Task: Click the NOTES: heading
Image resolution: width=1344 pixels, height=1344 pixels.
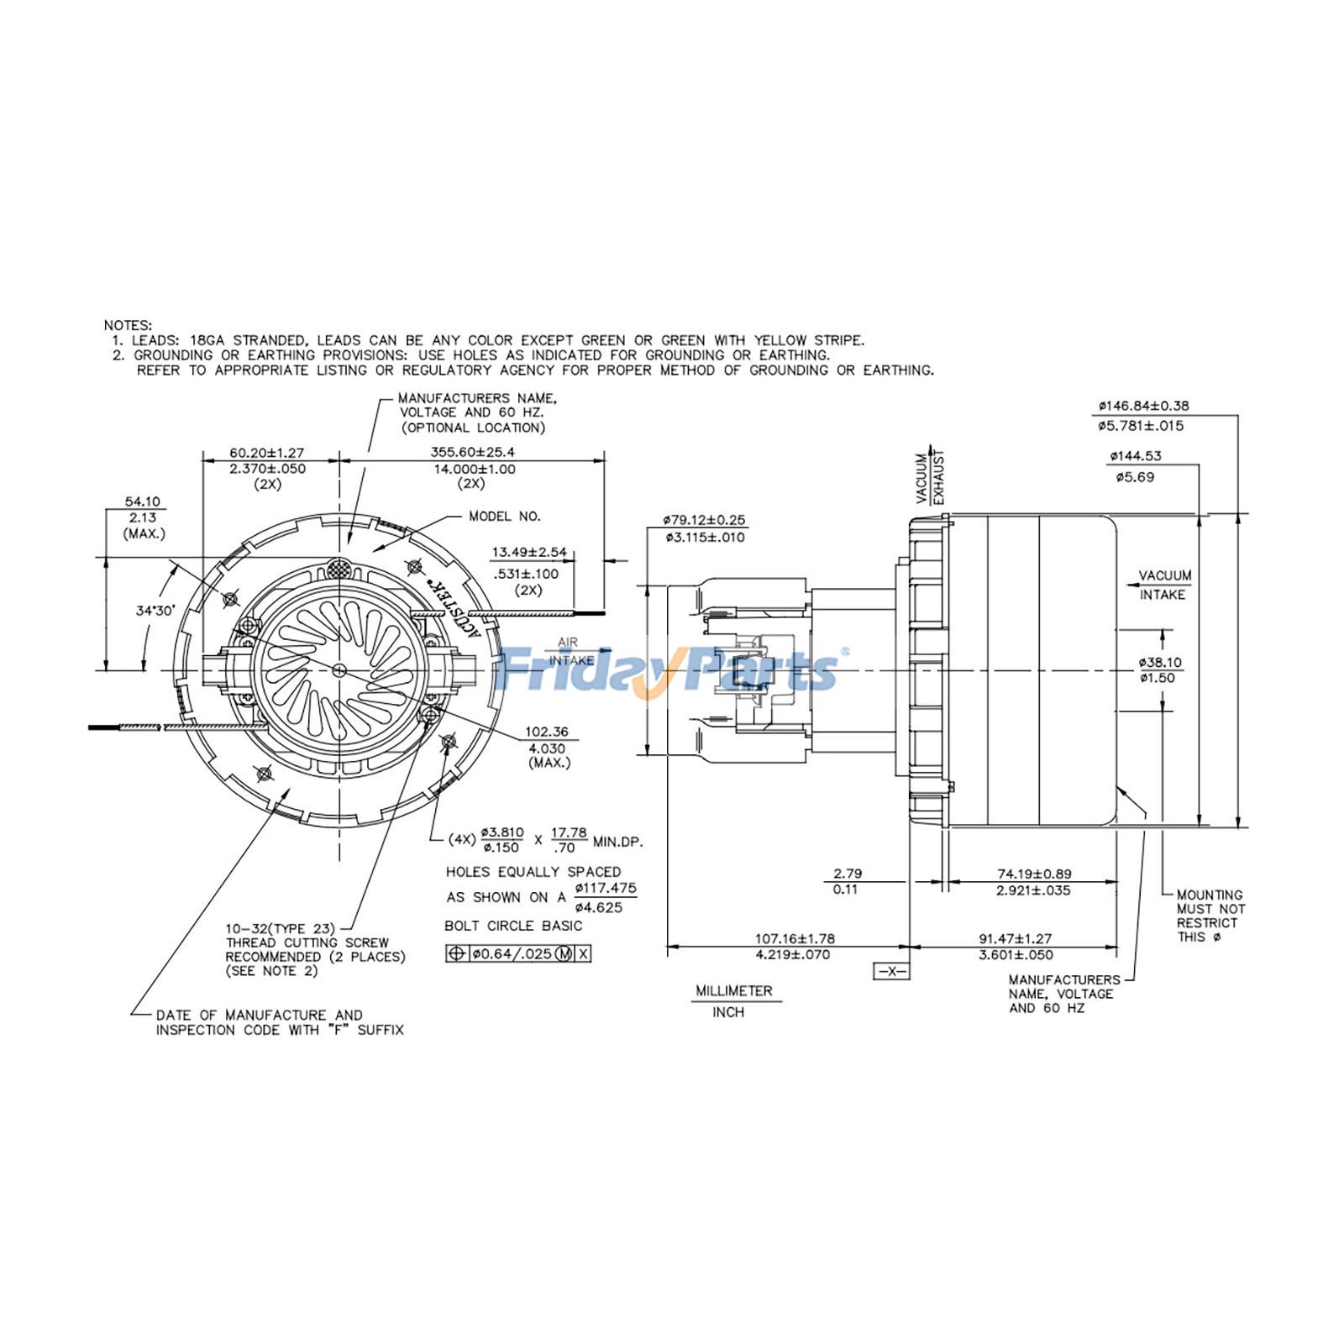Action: click(x=128, y=325)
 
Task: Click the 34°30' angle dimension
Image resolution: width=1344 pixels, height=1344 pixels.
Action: click(x=155, y=611)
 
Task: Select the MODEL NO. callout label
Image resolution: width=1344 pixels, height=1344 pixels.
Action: click(x=505, y=517)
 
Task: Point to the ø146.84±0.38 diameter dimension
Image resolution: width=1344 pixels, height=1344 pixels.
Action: click(x=1143, y=406)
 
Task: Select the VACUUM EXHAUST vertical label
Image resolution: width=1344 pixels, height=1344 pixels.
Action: click(x=930, y=476)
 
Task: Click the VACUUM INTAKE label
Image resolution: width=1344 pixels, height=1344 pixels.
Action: click(x=1163, y=585)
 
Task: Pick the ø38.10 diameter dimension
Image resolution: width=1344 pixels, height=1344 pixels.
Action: click(x=1160, y=662)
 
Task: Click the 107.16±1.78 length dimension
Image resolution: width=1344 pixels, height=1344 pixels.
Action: click(x=795, y=938)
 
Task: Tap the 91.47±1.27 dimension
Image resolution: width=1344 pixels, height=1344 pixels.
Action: click(x=1015, y=938)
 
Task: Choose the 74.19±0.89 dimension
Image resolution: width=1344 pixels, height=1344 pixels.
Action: click(x=1034, y=874)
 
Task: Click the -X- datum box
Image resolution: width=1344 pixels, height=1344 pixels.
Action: click(x=891, y=971)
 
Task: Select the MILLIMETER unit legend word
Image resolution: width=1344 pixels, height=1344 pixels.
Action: click(x=733, y=991)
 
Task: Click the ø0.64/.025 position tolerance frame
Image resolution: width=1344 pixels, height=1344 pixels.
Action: click(x=518, y=953)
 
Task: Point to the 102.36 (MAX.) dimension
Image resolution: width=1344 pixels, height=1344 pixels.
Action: click(x=548, y=732)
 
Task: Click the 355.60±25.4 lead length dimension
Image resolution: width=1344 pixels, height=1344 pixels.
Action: click(x=473, y=452)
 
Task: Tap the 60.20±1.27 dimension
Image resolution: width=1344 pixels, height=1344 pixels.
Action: click(x=267, y=453)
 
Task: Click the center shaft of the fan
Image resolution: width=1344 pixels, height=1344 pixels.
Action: click(x=339, y=669)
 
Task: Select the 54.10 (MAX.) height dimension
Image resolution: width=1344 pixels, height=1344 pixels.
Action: click(x=142, y=501)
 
